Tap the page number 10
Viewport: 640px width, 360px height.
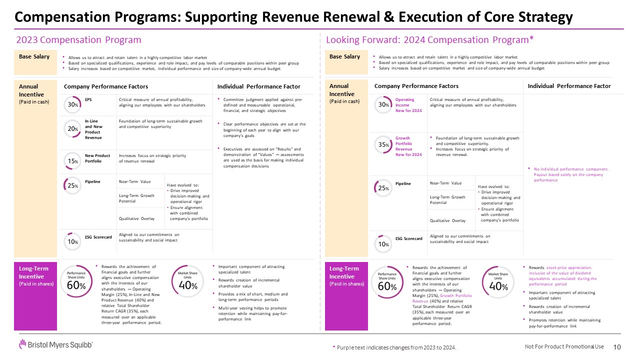point(616,347)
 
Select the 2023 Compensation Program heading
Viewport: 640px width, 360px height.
point(79,40)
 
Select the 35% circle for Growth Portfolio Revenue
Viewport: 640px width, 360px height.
point(383,144)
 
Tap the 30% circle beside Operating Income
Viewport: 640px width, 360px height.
point(383,104)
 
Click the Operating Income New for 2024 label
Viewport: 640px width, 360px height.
point(408,105)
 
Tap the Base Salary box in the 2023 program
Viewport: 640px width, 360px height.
point(34,63)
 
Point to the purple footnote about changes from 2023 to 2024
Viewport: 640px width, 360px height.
point(394,347)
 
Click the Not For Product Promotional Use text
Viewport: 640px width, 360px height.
point(564,347)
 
